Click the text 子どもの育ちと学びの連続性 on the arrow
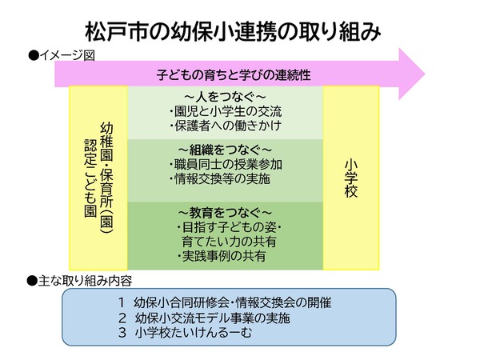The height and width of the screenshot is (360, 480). pos(233,75)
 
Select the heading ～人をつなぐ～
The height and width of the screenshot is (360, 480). pos(225,96)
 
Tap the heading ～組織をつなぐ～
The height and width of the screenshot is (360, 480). pos(226,150)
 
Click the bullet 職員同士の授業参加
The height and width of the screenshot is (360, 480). pos(226,165)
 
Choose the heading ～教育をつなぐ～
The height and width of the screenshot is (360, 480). pos(225,213)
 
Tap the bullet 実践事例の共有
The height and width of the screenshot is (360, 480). pos(221,258)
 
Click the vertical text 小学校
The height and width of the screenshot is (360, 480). pos(350,177)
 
